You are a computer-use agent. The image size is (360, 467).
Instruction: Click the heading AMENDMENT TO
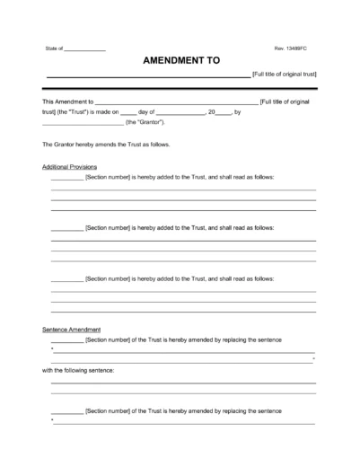pos(179,60)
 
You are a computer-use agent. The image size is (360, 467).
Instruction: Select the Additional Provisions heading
pos(70,167)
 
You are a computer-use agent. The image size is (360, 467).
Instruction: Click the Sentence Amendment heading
pos(71,330)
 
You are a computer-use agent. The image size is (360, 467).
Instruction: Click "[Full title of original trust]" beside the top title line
pos(285,73)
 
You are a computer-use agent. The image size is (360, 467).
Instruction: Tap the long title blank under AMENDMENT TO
pos(148,75)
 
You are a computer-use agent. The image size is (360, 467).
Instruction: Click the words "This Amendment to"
pos(67,102)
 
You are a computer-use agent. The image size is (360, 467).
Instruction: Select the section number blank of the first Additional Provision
pos(66,178)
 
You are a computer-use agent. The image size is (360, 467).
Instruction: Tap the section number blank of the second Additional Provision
pos(66,229)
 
